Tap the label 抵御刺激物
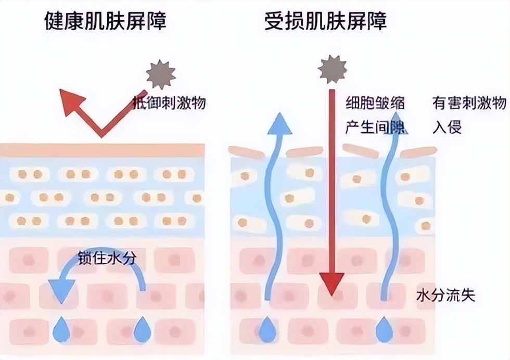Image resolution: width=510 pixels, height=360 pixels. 169,103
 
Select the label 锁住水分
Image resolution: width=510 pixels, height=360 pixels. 107,258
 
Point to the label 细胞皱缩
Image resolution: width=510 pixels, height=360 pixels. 375,103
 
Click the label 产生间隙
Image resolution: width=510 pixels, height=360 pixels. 375,126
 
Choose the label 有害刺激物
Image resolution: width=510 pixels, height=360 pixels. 469,103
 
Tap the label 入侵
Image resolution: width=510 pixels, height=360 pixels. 447,126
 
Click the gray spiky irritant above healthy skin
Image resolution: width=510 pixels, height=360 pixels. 161,74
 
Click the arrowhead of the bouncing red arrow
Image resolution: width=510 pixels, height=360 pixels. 71,101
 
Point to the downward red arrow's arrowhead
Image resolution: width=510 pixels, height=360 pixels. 332,284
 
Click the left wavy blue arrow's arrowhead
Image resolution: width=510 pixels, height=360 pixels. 279,124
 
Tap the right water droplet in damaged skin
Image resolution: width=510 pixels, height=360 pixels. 385,329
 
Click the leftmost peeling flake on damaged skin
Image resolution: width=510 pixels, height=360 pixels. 246,152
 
